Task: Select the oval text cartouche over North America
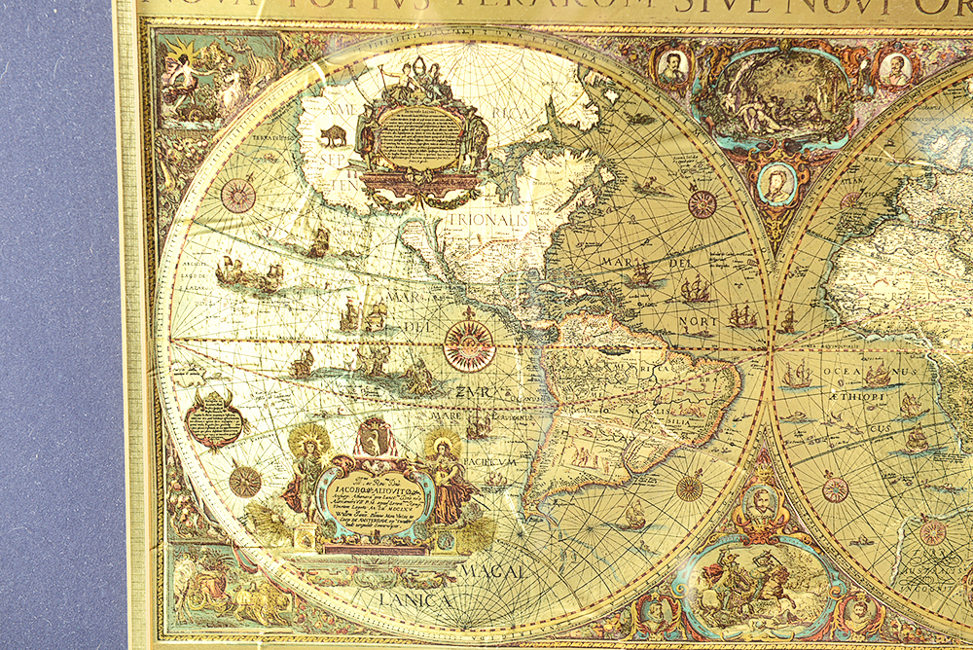pyautogui.click(x=421, y=138)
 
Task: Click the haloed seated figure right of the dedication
pyautogui.click(x=444, y=471)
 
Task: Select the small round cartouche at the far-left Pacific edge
pyautogui.click(x=216, y=419)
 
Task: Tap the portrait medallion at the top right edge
pyautogui.click(x=894, y=68)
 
